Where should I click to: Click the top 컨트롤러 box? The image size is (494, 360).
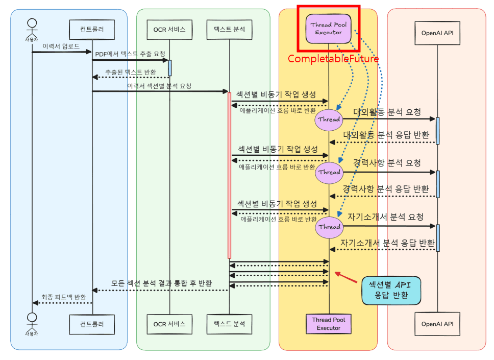click(x=92, y=30)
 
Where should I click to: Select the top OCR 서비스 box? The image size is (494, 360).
click(x=169, y=30)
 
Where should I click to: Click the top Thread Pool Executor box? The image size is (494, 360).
click(x=329, y=29)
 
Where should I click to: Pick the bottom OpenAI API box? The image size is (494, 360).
click(x=437, y=324)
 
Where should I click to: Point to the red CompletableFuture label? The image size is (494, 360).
click(x=333, y=59)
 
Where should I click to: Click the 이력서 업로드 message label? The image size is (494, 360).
click(x=61, y=46)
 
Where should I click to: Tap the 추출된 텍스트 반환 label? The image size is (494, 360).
click(x=131, y=71)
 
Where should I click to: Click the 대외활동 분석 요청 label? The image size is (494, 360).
click(x=387, y=112)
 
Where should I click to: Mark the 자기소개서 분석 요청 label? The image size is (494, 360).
click(x=385, y=217)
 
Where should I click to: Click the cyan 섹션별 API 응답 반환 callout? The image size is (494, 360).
click(x=391, y=290)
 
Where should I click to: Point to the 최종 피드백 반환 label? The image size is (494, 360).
click(x=63, y=297)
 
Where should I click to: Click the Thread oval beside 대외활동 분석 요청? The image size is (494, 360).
click(x=329, y=119)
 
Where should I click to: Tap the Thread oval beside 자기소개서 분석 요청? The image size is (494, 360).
click(x=329, y=227)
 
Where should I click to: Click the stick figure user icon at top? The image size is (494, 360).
click(x=32, y=26)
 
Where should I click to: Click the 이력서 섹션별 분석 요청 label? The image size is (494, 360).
click(x=159, y=86)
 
